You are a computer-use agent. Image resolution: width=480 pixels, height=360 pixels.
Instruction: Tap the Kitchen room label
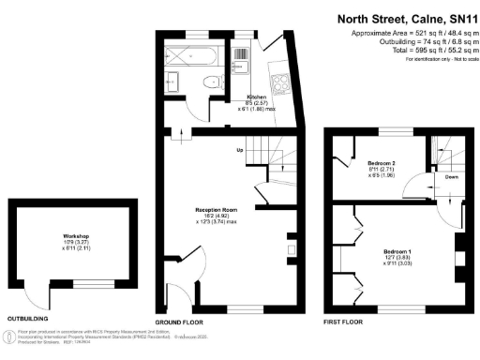257,97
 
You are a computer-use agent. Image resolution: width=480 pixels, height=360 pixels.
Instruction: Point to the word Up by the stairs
240,150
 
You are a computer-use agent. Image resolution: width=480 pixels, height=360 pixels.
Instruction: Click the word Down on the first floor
451,175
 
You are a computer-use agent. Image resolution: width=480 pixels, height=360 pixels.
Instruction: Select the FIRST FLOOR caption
344,322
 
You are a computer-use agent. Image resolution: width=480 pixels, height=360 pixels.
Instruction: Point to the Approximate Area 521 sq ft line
408,34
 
